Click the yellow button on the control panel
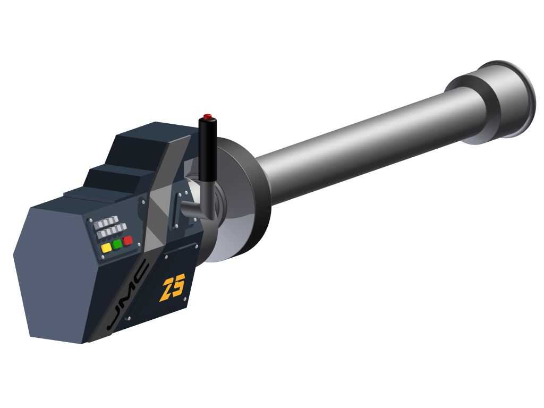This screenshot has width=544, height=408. click(106, 248)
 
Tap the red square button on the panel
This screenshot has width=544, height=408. click(127, 240)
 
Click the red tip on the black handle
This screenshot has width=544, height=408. click(208, 116)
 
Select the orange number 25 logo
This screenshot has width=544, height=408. click(173, 287)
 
